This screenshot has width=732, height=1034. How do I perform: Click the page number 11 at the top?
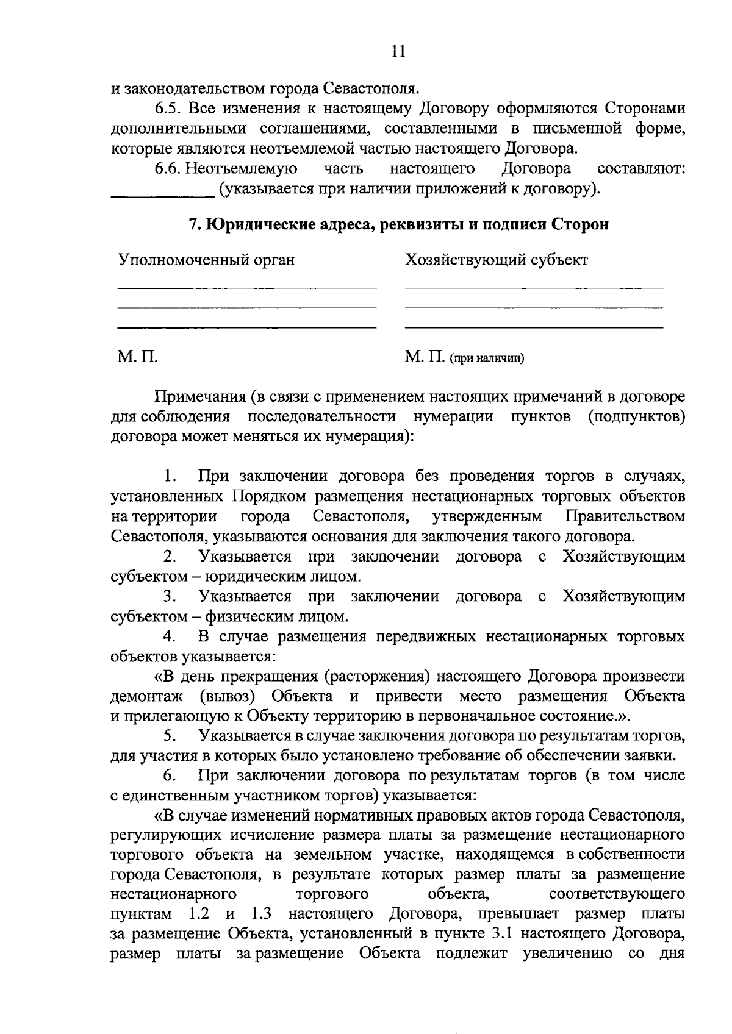coord(398,52)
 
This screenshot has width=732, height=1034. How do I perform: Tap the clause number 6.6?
coord(168,168)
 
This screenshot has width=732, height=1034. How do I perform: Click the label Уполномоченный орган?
coord(206,260)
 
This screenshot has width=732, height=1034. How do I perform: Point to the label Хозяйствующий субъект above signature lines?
coord(497,260)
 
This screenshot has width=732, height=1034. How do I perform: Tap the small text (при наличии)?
coord(487,358)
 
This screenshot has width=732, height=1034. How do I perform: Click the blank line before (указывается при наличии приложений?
coord(163,195)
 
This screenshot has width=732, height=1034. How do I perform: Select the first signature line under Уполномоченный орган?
coord(246,287)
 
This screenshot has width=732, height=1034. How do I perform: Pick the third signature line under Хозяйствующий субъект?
coord(534,328)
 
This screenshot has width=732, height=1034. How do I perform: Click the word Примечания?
coord(199,397)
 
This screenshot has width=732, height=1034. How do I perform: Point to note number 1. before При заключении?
coord(170,477)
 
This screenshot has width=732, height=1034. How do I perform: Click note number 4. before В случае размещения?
coord(170,637)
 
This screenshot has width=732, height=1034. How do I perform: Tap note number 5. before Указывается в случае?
coord(170,736)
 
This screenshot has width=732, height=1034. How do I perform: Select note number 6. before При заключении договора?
coord(170,776)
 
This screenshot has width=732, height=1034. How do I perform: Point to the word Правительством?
coord(625,517)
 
